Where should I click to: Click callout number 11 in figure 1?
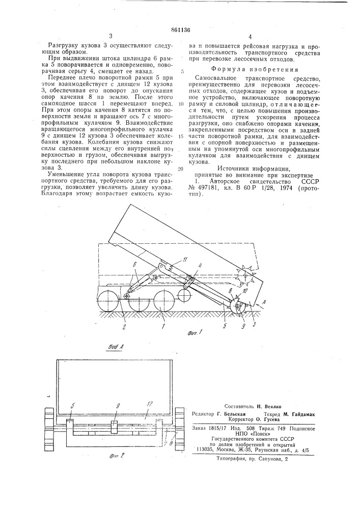click(171, 261)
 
